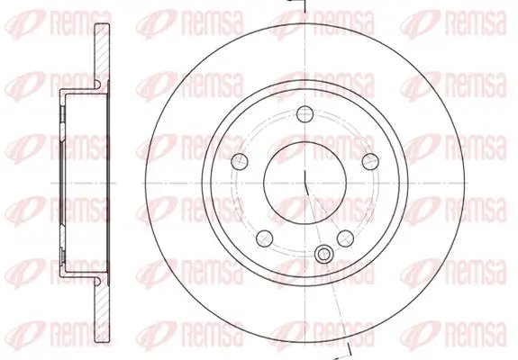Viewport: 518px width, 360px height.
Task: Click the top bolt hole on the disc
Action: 304,114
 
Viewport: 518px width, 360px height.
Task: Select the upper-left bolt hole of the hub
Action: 240,161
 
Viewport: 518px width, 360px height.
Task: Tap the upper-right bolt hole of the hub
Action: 369,161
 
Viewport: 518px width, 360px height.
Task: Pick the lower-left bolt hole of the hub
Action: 264,238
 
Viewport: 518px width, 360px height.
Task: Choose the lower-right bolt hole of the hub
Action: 345,238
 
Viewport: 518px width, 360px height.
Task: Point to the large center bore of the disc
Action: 304,183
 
